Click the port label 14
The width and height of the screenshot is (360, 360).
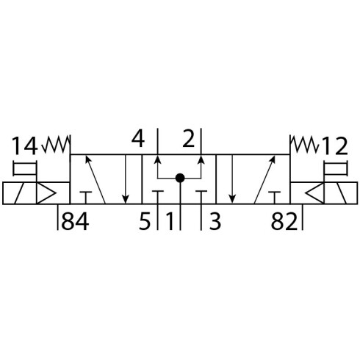[x=25, y=146]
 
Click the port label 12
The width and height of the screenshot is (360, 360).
[x=334, y=146]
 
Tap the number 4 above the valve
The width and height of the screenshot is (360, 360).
[x=138, y=139]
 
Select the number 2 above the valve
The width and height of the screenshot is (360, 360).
[x=189, y=139]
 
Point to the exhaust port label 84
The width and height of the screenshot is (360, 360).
[x=75, y=222]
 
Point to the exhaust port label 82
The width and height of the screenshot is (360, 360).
[x=284, y=222]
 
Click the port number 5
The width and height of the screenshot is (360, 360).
[x=145, y=222]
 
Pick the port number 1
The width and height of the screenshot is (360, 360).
[x=170, y=222]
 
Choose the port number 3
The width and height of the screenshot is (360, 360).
[x=215, y=222]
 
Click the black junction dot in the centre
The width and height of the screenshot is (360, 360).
[x=180, y=178]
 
